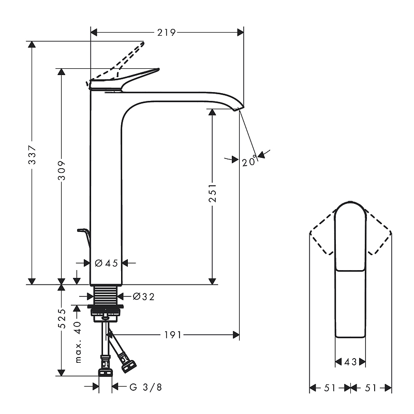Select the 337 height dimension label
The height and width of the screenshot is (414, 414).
(x=32, y=154)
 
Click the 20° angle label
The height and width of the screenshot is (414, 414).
(x=249, y=161)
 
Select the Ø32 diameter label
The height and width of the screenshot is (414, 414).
(x=143, y=297)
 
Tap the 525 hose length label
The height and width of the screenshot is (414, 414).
(x=61, y=318)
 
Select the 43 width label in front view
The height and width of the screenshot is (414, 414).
(x=351, y=362)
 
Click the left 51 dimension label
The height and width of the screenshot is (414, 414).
(x=330, y=387)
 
